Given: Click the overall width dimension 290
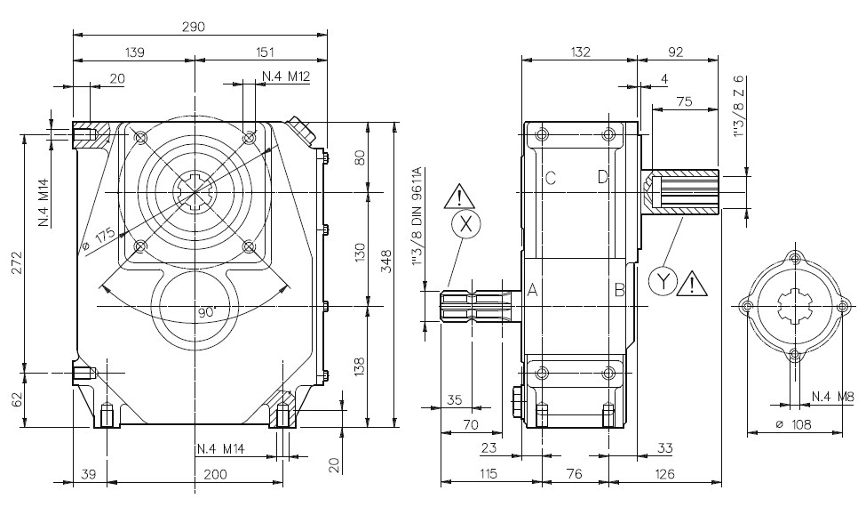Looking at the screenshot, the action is (x=194, y=27).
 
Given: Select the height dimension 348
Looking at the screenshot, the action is (x=386, y=261).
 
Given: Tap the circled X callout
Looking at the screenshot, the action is (x=466, y=224).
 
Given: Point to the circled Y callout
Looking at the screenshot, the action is (x=663, y=280).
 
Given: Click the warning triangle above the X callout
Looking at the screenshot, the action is (x=459, y=197).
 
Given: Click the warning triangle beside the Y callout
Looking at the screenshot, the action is (x=693, y=283).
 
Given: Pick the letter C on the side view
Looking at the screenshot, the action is (x=550, y=178).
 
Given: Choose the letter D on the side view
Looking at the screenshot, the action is (x=602, y=176).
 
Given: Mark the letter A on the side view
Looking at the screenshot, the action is (x=532, y=289).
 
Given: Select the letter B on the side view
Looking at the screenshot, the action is (x=620, y=289).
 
